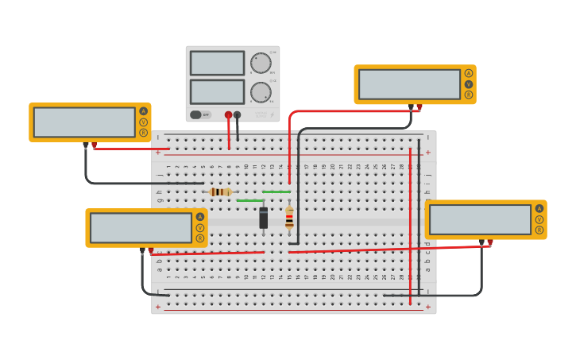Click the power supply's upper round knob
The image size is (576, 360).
click(261, 63)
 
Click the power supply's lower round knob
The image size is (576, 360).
click(261, 92)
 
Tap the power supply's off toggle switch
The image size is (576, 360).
click(200, 114)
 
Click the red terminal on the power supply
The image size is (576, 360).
click(228, 115)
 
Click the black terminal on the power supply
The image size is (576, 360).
click(237, 115)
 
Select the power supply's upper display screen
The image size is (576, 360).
click(217, 63)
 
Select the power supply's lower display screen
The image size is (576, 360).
click(217, 91)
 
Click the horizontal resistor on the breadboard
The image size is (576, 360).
click(220, 192)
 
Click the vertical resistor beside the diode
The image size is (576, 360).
click(289, 218)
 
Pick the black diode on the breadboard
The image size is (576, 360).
click(263, 218)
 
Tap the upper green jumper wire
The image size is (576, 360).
click(276, 192)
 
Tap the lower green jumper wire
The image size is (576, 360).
click(249, 200)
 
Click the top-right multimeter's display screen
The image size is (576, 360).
click(409, 84)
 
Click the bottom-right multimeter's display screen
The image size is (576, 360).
click(480, 219)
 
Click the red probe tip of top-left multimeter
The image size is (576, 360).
click(94, 145)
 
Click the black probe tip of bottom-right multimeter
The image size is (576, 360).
click(481, 242)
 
